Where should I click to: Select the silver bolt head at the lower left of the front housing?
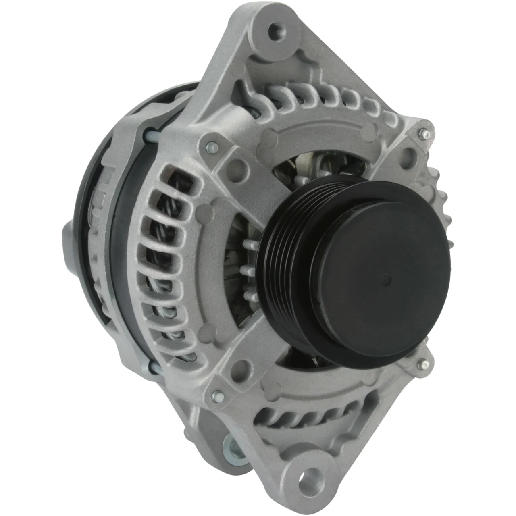click(216, 396)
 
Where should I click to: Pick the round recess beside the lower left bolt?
click(241, 367)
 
